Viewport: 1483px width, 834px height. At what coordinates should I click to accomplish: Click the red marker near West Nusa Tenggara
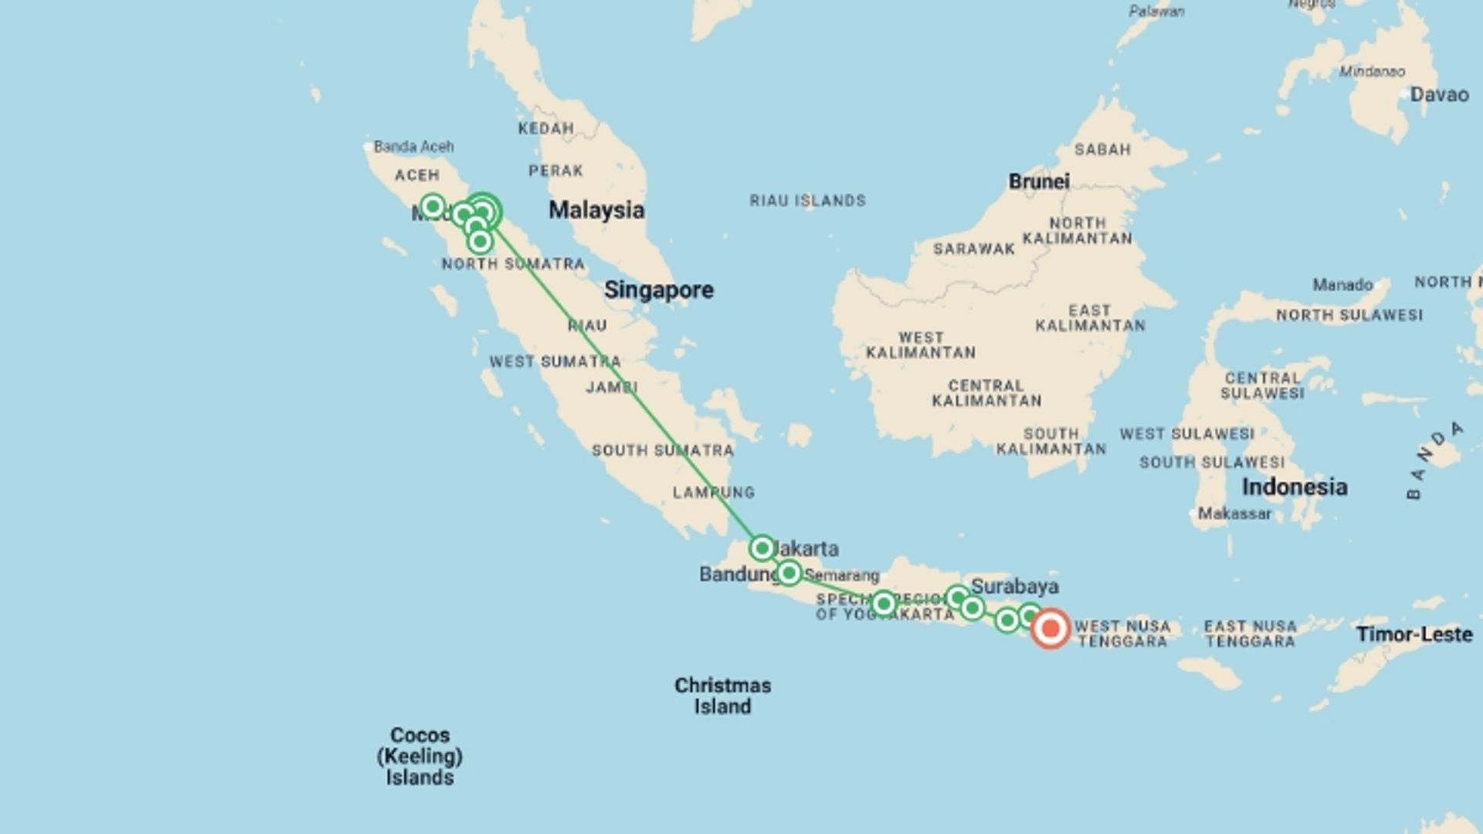coord(1050,629)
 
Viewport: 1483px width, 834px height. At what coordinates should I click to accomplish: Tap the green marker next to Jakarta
coord(762,548)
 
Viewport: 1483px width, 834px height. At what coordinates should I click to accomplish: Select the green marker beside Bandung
coord(789,573)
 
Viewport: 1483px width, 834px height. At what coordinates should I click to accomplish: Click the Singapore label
coord(659,290)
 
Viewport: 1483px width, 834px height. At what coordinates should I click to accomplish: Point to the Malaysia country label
coord(596,210)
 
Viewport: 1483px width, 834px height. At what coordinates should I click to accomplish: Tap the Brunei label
coord(1039,181)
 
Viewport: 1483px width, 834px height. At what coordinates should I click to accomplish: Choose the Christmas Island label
coord(722,696)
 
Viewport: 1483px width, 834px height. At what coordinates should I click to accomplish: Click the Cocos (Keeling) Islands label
coord(420,756)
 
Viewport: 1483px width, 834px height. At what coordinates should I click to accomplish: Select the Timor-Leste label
coord(1414,635)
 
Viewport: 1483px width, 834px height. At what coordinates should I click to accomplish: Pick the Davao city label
coord(1439,95)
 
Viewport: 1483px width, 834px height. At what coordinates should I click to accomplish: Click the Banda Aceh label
coord(414,147)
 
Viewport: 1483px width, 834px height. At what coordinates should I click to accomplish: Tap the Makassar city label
coord(1234,514)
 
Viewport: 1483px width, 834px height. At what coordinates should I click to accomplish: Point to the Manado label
coord(1342,285)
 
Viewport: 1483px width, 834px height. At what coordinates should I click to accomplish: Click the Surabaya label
coord(1015,586)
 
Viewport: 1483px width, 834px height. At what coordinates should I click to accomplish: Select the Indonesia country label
coord(1295,487)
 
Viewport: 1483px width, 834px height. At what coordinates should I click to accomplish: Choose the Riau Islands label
coord(807,201)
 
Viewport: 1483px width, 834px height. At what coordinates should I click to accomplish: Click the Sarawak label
coord(974,249)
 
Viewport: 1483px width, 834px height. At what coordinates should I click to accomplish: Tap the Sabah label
coord(1102,149)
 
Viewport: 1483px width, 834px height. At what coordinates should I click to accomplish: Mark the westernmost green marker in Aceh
coord(433,206)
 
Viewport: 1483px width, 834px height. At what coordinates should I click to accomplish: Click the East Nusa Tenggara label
coord(1250,634)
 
